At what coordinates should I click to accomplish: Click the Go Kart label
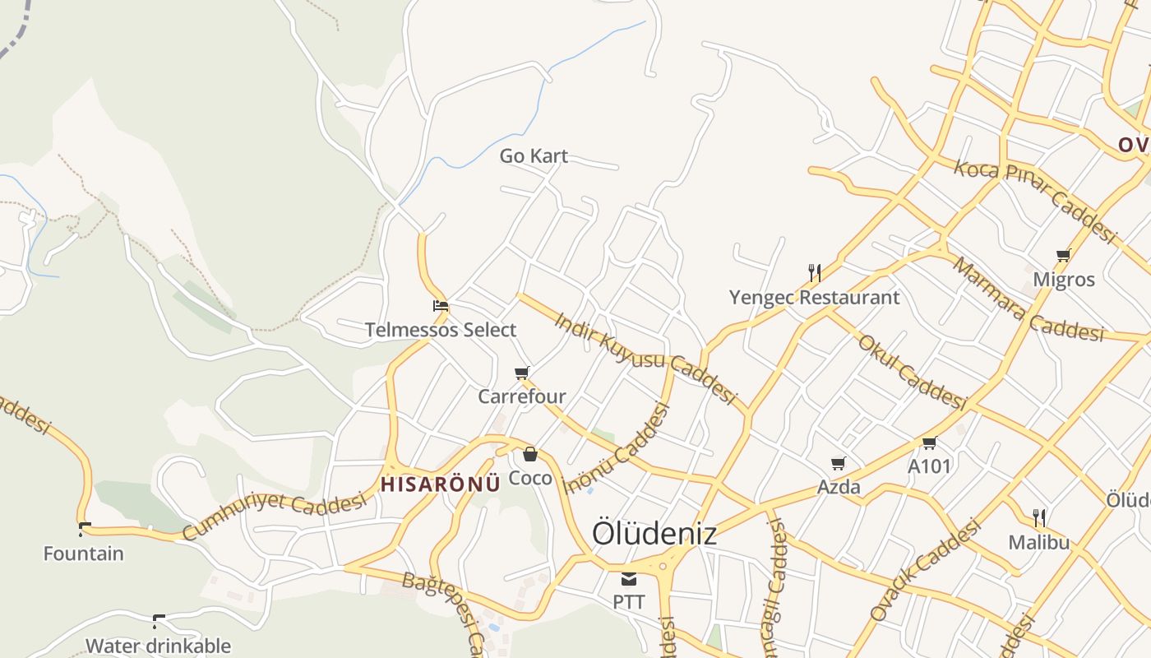534,155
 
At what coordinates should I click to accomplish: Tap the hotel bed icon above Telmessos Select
441,306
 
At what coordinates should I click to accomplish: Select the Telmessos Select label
441,330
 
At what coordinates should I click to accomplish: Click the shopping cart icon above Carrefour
521,373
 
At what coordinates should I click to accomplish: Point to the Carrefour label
522,396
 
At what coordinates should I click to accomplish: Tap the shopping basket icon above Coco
530,454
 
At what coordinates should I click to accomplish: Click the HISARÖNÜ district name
440,484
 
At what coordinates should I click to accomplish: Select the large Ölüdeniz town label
654,534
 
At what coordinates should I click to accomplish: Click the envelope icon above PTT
629,579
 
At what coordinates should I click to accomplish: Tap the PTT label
629,602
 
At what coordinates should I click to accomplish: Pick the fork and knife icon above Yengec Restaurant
815,272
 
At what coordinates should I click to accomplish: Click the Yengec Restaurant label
815,297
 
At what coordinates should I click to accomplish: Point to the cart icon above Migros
1063,255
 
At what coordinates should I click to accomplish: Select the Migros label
1064,280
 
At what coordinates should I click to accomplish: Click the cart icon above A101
929,443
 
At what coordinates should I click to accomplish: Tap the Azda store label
839,487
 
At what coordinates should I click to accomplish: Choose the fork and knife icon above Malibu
1039,518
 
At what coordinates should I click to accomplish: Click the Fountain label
84,554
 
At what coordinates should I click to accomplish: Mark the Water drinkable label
158,646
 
